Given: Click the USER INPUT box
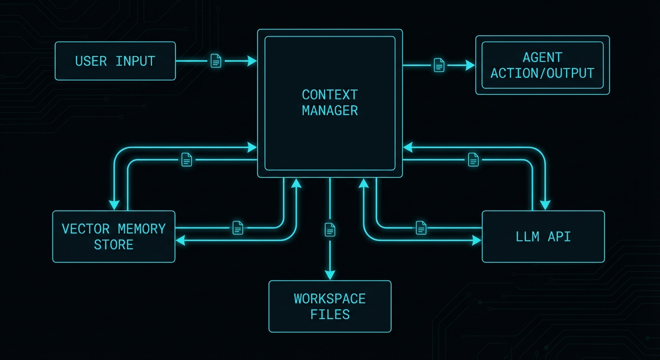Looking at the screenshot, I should point(115,61).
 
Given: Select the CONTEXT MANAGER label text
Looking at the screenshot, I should point(330,103).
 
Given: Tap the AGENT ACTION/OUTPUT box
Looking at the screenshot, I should point(542,65).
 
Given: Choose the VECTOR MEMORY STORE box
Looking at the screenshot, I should point(113,236).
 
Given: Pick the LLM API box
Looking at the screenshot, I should point(543,236).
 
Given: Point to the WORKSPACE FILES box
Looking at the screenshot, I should point(330,306).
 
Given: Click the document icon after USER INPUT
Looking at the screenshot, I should point(216,61).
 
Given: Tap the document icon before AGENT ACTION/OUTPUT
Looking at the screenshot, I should point(439,65).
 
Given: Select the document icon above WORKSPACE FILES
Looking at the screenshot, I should point(330,229).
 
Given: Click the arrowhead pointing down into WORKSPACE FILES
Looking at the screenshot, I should point(330,275).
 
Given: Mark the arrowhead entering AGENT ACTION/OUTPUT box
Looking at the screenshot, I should point(470,65).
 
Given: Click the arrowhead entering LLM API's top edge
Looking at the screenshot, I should point(545,205).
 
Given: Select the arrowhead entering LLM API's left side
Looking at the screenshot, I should point(477,240).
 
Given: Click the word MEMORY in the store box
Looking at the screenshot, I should point(142,229).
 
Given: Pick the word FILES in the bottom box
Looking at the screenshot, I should point(330,314).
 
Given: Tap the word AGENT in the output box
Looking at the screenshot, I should point(542,58).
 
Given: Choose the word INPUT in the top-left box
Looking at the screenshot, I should point(135,61).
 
